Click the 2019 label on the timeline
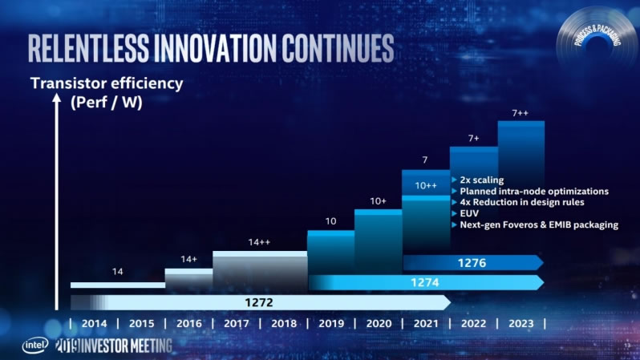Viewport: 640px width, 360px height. (331, 324)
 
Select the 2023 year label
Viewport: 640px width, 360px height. (521, 324)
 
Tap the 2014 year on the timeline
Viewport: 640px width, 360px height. (94, 324)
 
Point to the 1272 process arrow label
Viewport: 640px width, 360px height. (259, 302)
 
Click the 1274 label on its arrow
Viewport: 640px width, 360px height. (426, 282)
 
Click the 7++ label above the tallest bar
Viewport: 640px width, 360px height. (521, 112)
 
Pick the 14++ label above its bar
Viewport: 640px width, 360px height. (259, 241)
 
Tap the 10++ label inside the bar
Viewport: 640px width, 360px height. (426, 186)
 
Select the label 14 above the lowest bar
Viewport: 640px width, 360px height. (117, 272)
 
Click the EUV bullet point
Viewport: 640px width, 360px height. (469, 214)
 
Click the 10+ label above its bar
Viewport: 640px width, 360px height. (378, 200)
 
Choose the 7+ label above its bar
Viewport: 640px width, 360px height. (473, 138)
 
